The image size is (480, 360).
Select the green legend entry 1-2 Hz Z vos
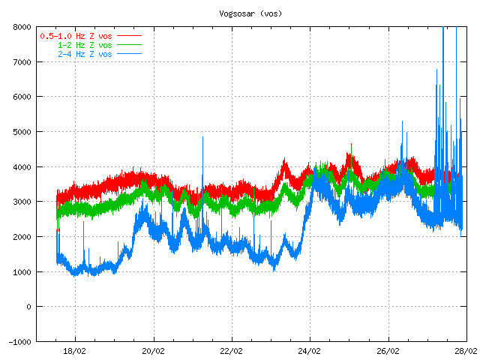[x=85, y=45]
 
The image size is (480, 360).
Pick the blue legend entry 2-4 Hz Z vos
[x=85, y=54]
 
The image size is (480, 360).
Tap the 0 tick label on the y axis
[x=28, y=307]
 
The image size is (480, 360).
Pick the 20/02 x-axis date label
[x=153, y=350]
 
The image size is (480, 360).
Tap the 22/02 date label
[x=231, y=350]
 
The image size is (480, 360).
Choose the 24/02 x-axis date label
[x=310, y=350]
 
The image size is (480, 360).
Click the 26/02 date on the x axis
[x=388, y=350]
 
